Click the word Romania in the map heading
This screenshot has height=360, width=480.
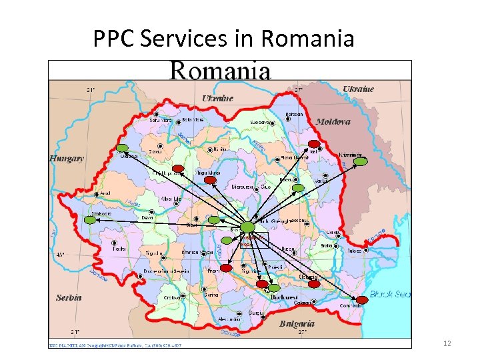221,70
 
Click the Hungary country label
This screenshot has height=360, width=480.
67,159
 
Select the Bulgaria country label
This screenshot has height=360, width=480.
297,323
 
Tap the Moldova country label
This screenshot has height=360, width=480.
333,122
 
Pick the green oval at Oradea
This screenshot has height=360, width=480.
123,148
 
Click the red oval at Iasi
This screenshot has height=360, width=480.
314,143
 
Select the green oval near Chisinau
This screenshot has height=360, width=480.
361,161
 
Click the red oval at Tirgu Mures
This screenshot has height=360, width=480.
210,180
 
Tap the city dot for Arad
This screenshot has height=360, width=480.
97,194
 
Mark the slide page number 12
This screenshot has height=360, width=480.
447,343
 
